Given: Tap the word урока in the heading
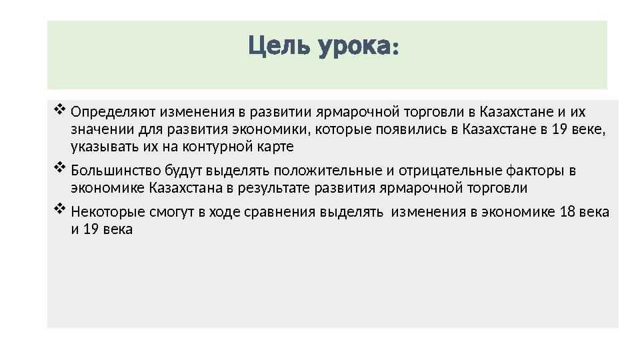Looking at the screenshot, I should [x=356, y=47].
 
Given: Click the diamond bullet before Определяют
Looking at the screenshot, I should [x=58, y=108].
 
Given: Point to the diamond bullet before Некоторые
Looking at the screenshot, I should [x=58, y=209].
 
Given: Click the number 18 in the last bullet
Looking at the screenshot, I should [x=569, y=212].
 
